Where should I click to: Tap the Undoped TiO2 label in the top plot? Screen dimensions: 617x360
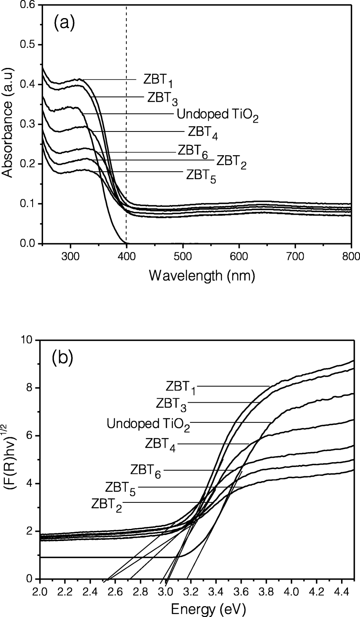(217, 115)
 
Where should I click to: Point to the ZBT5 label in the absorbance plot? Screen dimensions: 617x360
(201, 176)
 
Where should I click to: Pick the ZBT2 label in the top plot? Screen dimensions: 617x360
(231, 162)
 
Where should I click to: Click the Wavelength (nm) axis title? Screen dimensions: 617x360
(202, 276)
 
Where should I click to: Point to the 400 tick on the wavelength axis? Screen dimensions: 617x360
(127, 256)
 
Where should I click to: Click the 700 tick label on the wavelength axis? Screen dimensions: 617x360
(295, 256)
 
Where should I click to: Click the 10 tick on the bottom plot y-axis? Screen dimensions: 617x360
(29, 340)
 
